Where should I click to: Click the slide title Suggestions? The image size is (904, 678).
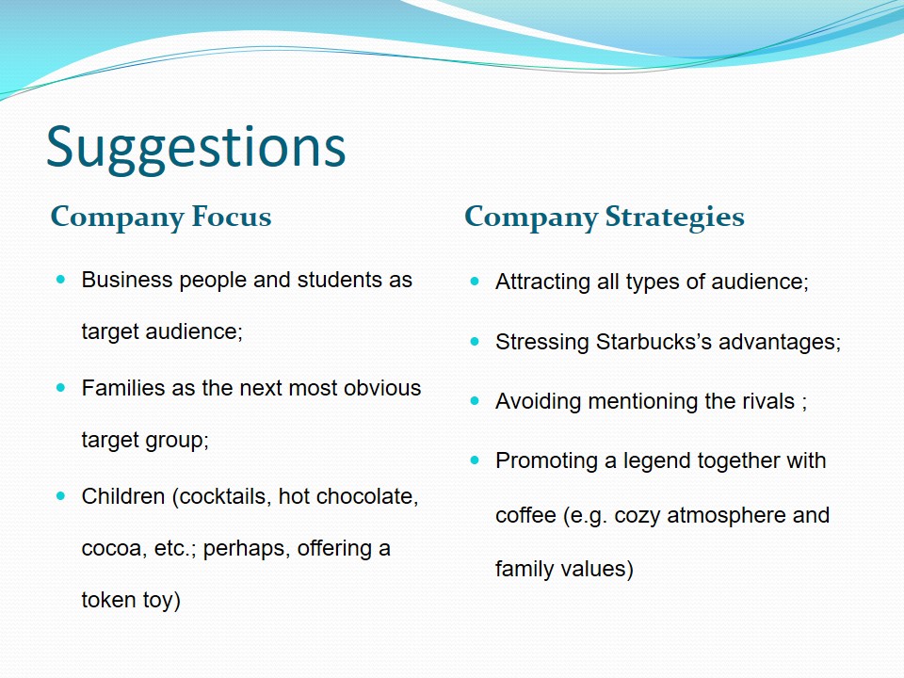(196, 149)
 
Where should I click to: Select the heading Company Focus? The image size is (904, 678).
(161, 218)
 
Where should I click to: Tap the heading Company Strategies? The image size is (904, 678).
(605, 218)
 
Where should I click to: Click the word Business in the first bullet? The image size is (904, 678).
(127, 280)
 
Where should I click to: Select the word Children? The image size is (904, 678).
(123, 496)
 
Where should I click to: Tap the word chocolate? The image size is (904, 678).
(367, 496)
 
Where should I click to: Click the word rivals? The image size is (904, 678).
(768, 401)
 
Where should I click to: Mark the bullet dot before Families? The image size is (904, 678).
(61, 388)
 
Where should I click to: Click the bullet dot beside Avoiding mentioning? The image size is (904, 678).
(475, 401)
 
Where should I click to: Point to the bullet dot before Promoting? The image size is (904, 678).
(475, 460)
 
